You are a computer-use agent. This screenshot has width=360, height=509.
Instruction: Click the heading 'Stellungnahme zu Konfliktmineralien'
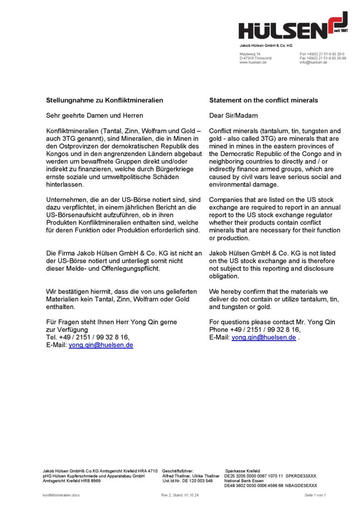[x=104, y=100]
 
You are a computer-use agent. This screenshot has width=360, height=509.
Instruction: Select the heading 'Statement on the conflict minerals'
[x=264, y=100]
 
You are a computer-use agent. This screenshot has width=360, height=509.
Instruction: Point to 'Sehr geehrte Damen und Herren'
[x=94, y=115]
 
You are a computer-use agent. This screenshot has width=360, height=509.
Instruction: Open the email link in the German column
[x=100, y=344]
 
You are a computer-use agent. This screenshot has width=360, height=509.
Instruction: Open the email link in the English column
[x=264, y=337]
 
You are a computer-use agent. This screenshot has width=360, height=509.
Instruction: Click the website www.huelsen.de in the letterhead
[x=253, y=63]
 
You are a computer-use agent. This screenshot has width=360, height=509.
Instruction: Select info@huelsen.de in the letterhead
[x=313, y=63]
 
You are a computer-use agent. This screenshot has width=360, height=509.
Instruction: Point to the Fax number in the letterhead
[x=323, y=58]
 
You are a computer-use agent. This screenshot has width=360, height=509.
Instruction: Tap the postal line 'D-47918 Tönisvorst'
[x=256, y=58]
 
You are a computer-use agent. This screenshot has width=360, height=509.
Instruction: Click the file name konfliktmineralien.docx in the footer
[x=61, y=495]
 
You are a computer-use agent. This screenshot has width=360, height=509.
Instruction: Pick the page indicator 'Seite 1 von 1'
[x=315, y=495]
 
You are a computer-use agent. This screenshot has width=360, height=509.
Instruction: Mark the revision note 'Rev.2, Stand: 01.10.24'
[x=180, y=495]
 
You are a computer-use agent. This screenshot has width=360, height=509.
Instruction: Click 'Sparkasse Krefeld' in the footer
[x=243, y=470]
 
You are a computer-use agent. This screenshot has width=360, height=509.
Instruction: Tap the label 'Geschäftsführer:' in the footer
[x=178, y=470]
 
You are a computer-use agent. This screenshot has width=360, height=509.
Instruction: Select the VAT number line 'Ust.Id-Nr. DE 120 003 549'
[x=187, y=481]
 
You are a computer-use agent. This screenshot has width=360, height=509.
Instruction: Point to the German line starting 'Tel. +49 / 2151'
[x=88, y=337]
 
